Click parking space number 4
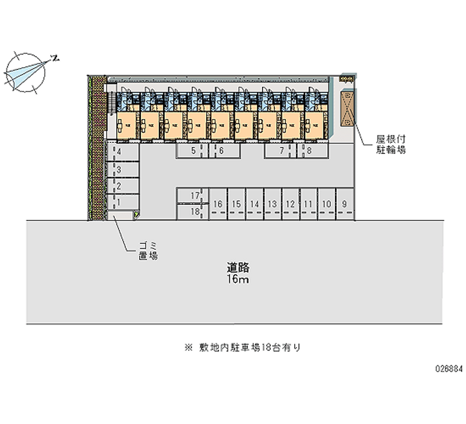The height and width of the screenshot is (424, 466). [122, 152]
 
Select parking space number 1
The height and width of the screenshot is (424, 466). [122, 202]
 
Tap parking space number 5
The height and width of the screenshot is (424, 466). [193, 150]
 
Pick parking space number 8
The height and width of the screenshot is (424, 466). [309, 150]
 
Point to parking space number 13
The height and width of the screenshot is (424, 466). [272, 204]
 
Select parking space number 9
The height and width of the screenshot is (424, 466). [345, 204]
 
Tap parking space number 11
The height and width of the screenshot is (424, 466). [308, 204]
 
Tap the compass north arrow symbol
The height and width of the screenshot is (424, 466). [26, 72]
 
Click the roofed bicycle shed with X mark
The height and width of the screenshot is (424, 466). [347, 108]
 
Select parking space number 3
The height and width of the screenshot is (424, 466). [122, 170]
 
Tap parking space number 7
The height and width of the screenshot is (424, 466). [282, 150]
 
